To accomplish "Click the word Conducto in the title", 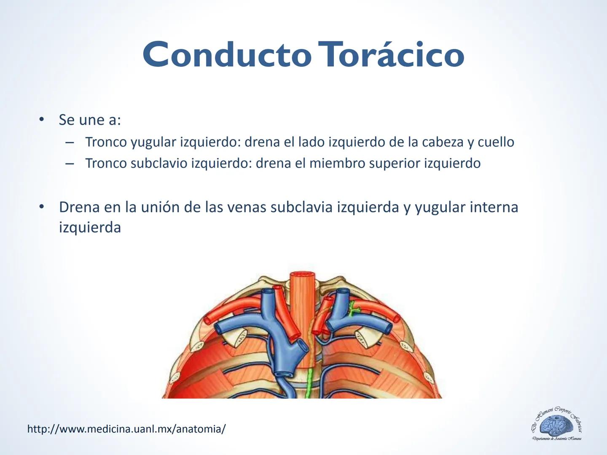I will [227, 55].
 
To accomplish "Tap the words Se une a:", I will [90, 120].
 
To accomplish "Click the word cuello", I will [496, 142].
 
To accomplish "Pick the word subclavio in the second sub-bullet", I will [159, 163].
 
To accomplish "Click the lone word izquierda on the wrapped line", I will [90, 227].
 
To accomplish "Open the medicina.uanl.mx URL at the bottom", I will [126, 429].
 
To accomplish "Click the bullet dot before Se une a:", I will [41, 120].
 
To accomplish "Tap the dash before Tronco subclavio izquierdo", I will [70, 163].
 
